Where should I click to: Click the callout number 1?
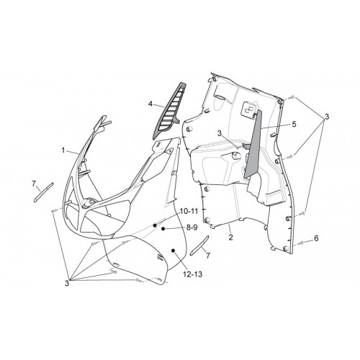tap(63, 150)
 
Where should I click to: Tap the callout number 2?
tap(230, 238)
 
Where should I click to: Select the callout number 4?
tap(150, 104)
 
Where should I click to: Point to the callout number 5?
tap(294, 124)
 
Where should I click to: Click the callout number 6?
tap(316, 238)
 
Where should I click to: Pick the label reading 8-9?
tap(192, 228)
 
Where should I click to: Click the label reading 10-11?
tap(189, 211)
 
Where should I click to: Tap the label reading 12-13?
tap(193, 274)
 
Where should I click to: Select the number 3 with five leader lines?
tap(67, 283)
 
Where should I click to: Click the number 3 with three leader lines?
tap(326, 117)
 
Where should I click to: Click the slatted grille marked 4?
tap(169, 112)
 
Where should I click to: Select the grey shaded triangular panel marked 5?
tap(253, 144)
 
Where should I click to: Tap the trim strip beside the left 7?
tap(44, 192)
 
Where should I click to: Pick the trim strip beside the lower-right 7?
tap(199, 246)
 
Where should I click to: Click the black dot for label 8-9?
tap(163, 229)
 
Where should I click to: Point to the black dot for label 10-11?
tap(155, 225)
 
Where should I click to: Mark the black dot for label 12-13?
tap(173, 251)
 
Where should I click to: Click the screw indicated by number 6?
tap(300, 243)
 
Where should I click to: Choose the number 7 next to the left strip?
tap(34, 184)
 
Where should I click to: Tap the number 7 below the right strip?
tap(208, 256)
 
